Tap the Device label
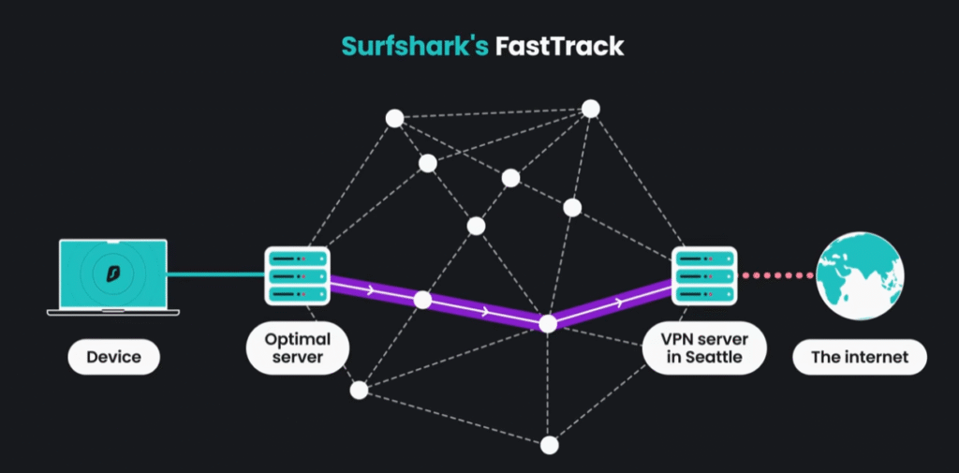click(x=113, y=357)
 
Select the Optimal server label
click(x=298, y=348)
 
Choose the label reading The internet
click(x=860, y=357)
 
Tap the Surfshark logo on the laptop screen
click(x=113, y=273)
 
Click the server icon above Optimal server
click(x=298, y=275)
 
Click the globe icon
click(x=860, y=274)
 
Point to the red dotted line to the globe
click(x=776, y=275)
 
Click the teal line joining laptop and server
click(x=216, y=275)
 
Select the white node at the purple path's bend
click(x=549, y=324)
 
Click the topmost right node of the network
click(x=590, y=109)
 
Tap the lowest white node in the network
click(x=550, y=445)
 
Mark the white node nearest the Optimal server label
click(x=359, y=390)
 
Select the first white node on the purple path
click(x=422, y=301)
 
